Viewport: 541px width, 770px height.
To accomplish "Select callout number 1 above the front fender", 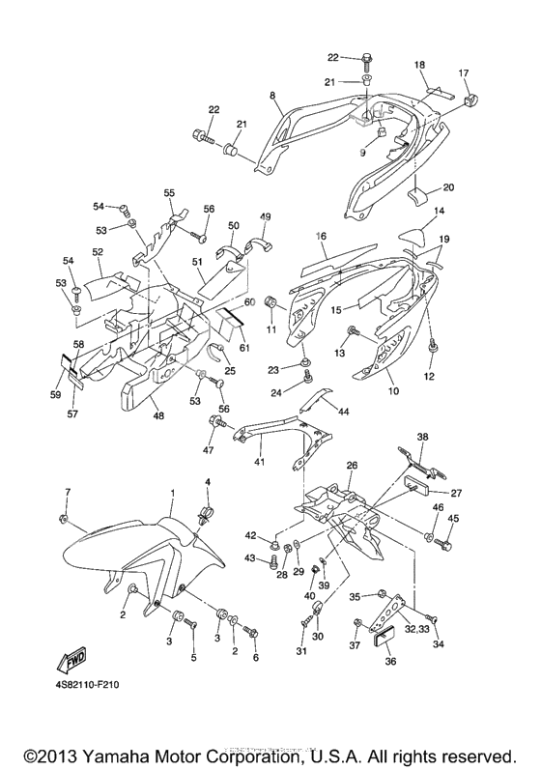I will [x=172, y=493].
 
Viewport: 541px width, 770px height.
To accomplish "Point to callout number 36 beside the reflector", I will [x=390, y=661].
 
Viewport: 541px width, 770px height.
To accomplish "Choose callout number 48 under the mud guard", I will [x=158, y=416].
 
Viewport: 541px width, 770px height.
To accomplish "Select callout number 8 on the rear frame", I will [x=272, y=95].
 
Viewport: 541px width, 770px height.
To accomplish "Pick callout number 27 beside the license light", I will [x=455, y=493].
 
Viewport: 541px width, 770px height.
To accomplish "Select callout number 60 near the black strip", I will [x=249, y=302].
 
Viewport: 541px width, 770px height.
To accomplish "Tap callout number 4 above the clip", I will [x=206, y=481].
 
